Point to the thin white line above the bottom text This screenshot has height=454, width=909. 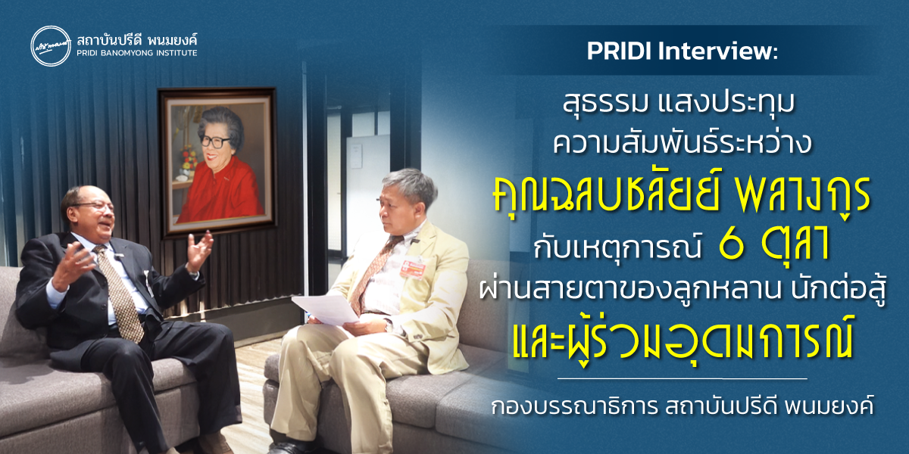(x=682, y=377)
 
